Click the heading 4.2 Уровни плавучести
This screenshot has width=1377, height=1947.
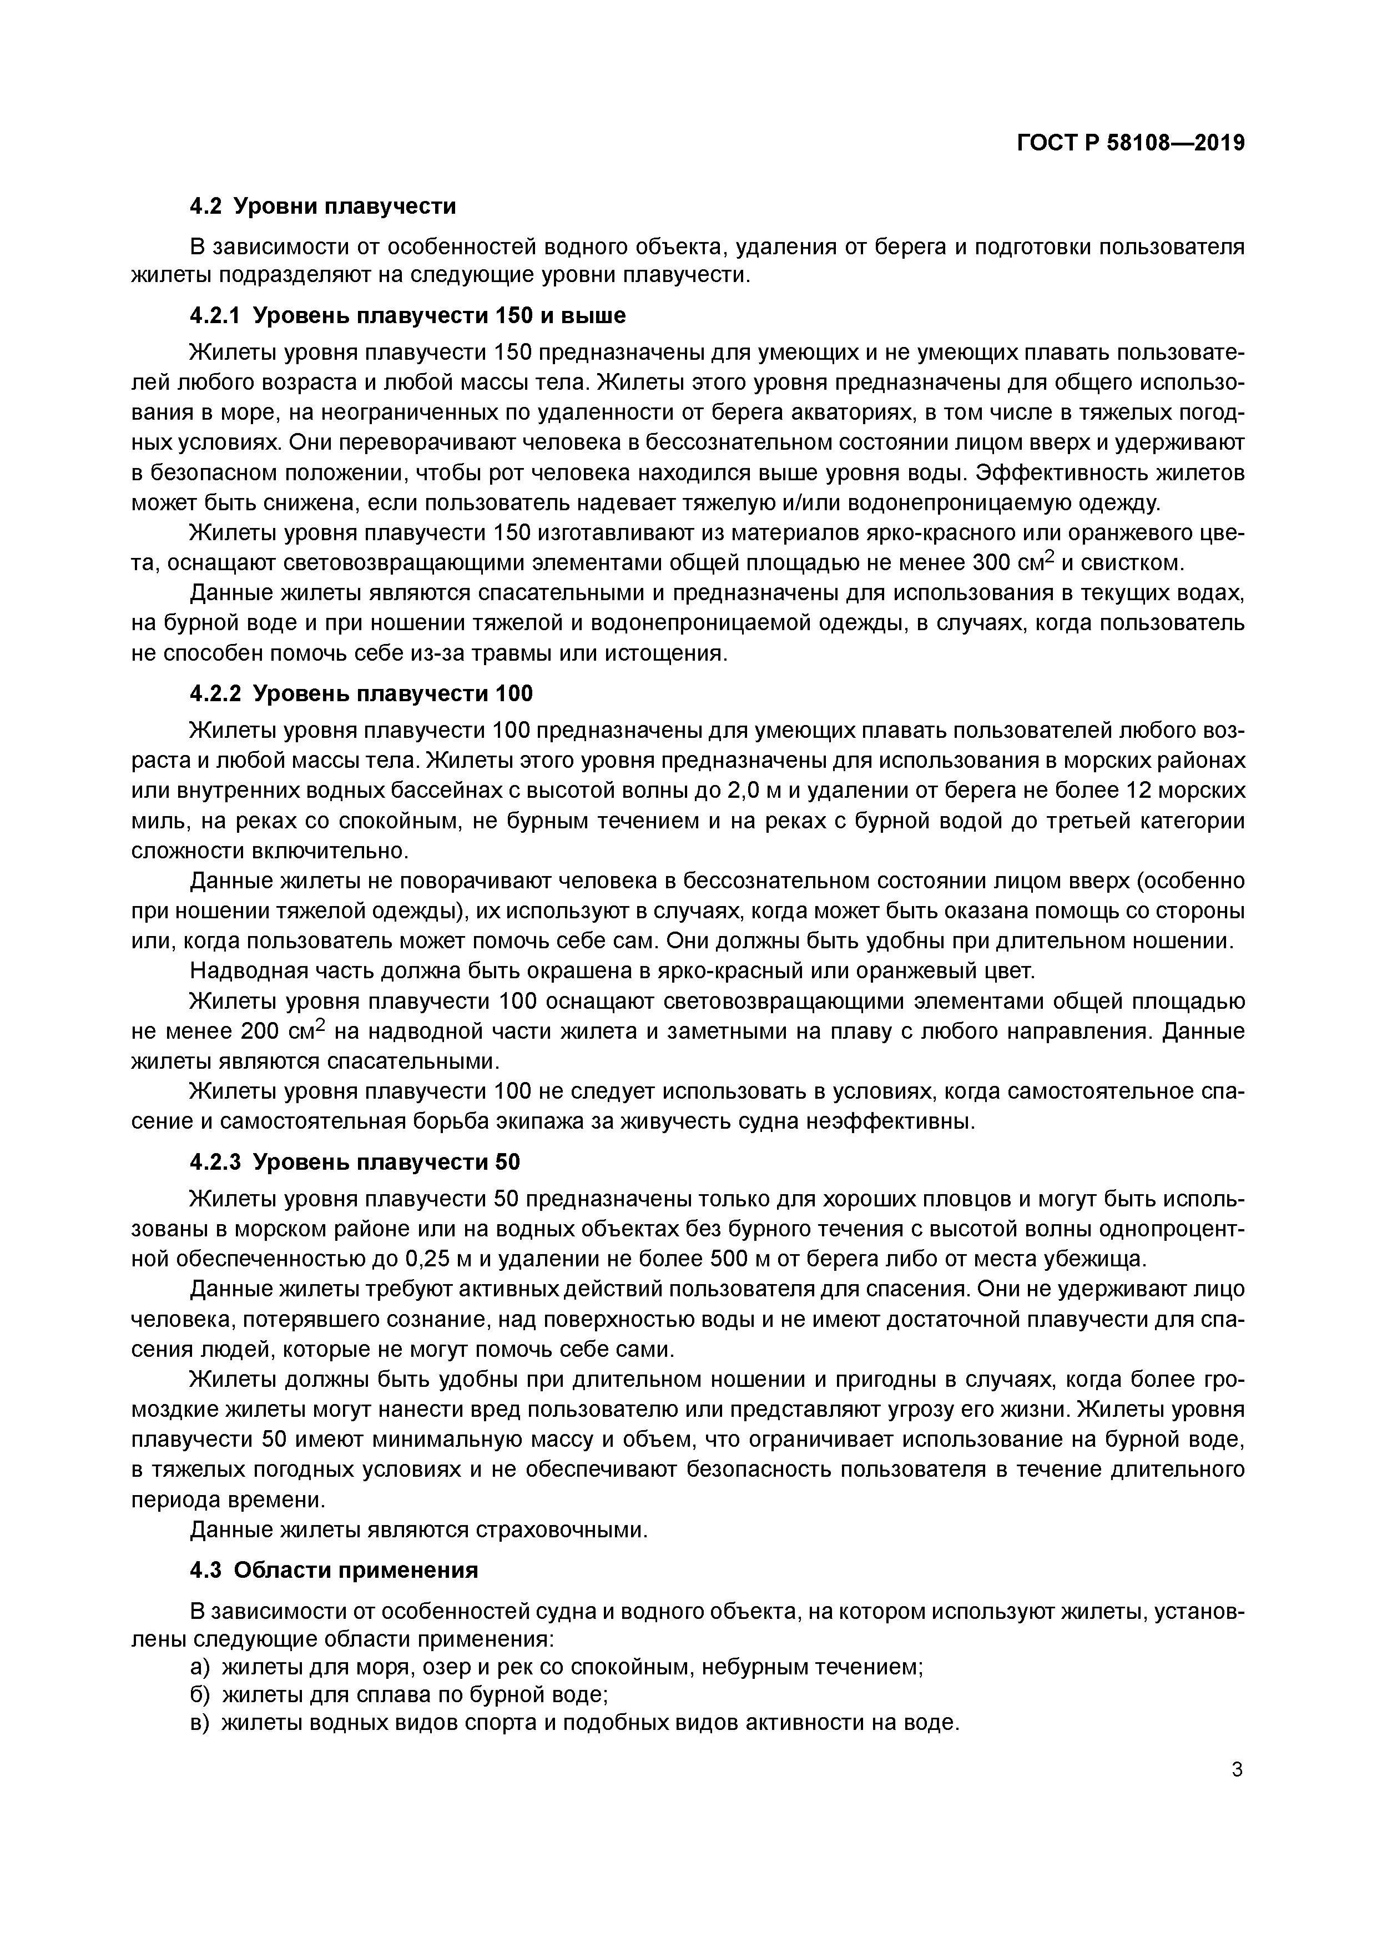pyautogui.click(x=322, y=206)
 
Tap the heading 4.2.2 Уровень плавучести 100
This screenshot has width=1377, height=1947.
pyautogui.click(x=361, y=693)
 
